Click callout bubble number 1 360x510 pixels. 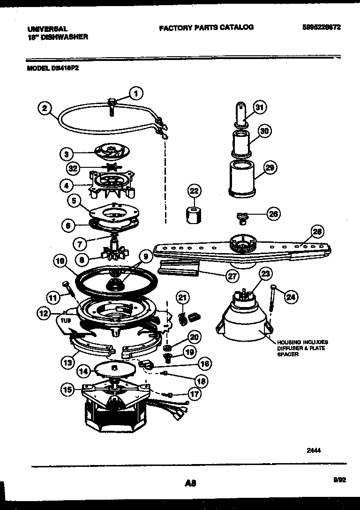(136, 94)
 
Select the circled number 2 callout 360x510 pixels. (44, 108)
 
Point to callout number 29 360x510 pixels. (270, 167)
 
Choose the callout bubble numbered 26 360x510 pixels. (273, 214)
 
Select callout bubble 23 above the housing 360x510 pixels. (266, 273)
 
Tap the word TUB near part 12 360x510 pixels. (65, 320)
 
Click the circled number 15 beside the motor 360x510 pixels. (68, 388)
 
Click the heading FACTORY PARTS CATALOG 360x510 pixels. (206, 28)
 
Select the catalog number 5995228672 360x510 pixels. (321, 28)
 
